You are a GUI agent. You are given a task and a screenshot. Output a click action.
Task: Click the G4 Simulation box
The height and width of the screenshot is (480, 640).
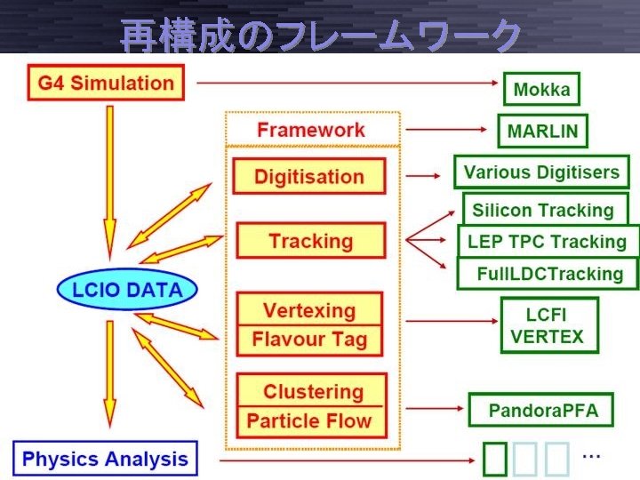coord(106,84)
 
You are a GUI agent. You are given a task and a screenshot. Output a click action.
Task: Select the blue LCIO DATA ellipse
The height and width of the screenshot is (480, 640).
coord(126,289)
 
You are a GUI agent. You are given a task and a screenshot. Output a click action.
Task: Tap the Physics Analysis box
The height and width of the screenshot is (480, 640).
coord(105,460)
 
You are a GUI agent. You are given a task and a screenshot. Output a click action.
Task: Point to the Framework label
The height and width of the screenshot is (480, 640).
coord(310,130)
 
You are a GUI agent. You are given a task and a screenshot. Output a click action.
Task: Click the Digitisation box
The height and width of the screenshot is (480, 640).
coord(309,176)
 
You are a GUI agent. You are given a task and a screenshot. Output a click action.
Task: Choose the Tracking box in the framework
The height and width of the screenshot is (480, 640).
coord(310,241)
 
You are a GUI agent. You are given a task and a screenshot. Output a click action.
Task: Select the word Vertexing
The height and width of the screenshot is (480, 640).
coord(309,310)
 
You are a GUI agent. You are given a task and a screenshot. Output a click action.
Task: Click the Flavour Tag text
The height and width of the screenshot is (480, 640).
coord(309,340)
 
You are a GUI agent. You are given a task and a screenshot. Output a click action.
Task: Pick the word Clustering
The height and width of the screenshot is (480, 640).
coord(313,391)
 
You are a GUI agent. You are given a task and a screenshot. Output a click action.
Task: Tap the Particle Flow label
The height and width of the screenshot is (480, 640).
coord(309,420)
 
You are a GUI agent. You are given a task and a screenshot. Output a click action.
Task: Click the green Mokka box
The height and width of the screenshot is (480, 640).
coord(541,89)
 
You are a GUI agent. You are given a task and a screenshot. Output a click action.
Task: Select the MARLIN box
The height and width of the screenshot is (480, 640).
coord(542,132)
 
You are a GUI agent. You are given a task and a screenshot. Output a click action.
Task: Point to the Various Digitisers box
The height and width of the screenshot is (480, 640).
coord(541,172)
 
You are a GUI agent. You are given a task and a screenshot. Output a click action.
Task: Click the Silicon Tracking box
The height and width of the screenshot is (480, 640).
coord(543,210)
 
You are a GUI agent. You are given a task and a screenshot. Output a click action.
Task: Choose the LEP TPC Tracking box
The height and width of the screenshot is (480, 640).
coord(547,241)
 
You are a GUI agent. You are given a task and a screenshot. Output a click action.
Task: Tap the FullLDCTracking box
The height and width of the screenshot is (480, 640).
coord(549,273)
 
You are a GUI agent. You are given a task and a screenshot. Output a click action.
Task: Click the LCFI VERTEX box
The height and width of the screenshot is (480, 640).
coord(548,325)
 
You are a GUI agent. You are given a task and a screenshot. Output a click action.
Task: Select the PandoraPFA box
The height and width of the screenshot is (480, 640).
coord(543,410)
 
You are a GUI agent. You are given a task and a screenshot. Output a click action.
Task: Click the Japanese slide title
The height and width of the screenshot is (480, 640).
coord(320,36)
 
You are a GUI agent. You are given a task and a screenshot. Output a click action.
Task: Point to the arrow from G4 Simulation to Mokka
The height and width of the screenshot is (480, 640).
coord(347,83)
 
